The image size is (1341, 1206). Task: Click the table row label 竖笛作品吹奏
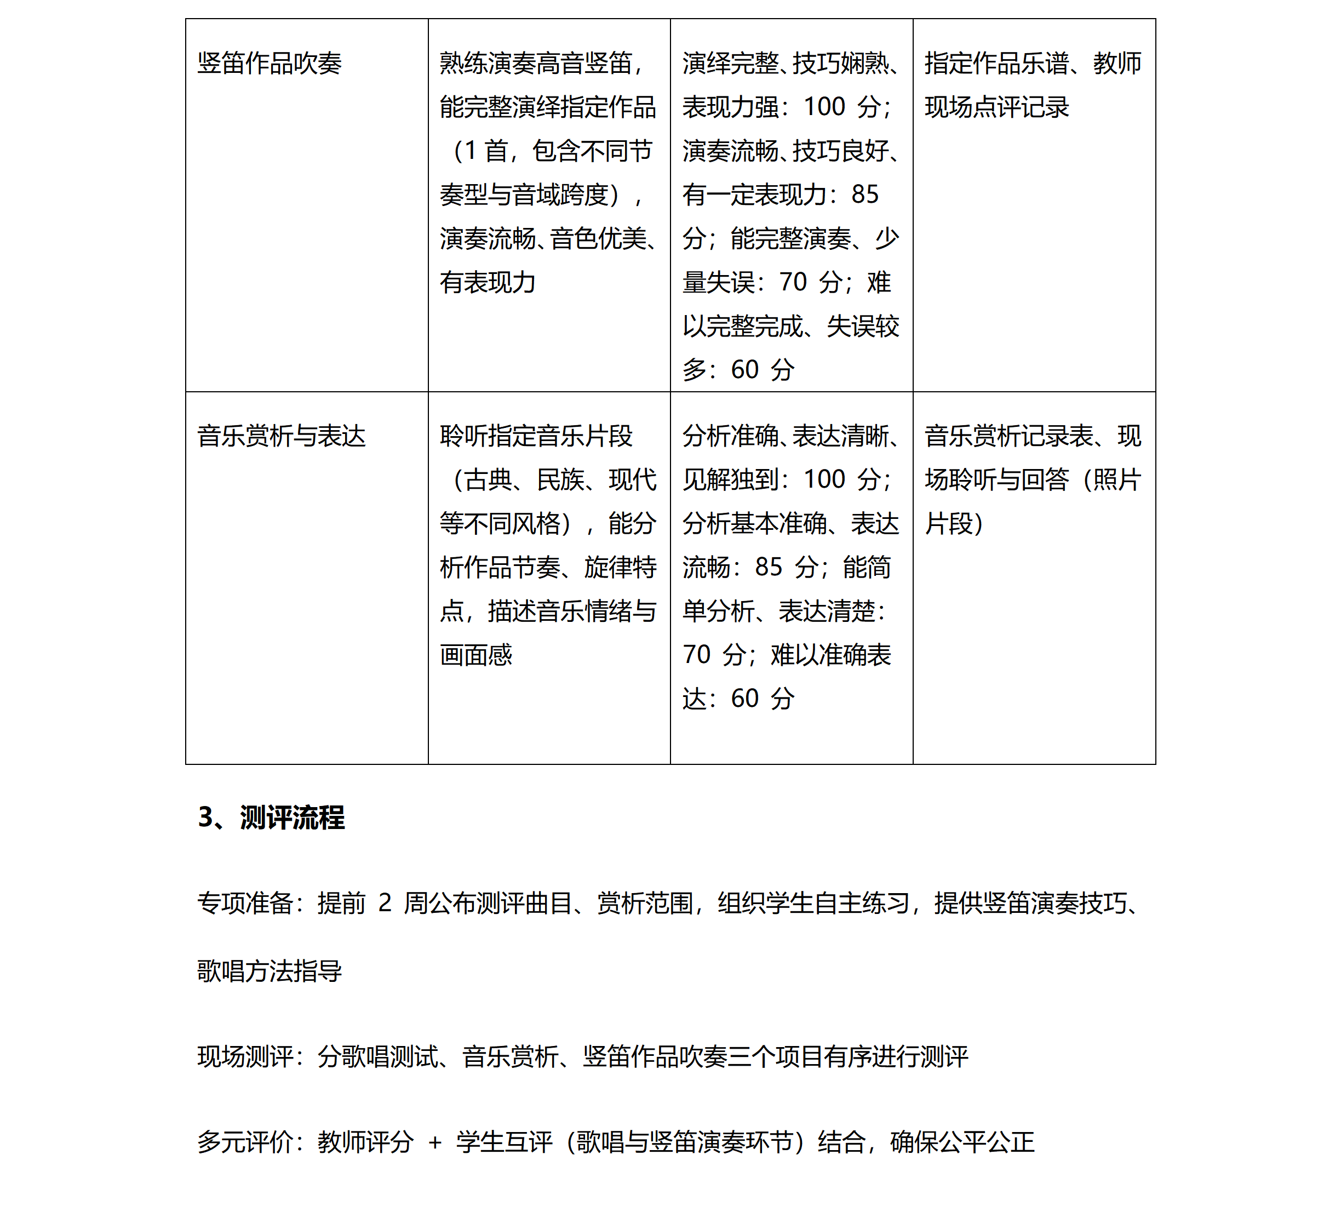click(x=269, y=64)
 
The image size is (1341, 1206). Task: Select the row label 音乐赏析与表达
click(x=281, y=436)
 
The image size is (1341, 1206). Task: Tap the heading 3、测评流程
click(x=271, y=817)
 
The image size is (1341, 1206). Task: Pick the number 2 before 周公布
click(x=385, y=902)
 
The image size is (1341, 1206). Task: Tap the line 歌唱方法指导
click(x=269, y=971)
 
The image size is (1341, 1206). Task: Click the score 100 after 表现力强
click(x=824, y=107)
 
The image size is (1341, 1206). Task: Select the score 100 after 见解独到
click(x=824, y=479)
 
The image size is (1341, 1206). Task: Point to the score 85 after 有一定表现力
click(x=864, y=194)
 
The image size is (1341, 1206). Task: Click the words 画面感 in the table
click(x=475, y=655)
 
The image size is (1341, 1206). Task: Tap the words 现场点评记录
click(x=996, y=107)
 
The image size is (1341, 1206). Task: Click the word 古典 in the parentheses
click(x=488, y=479)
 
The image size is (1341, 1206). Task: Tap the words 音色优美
click(x=598, y=238)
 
